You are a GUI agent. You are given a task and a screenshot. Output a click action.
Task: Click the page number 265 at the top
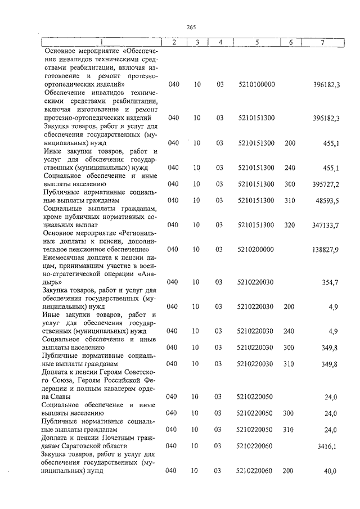(191, 27)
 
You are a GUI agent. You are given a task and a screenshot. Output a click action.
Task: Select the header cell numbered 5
(256, 42)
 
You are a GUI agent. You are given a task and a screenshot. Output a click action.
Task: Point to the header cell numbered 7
(322, 42)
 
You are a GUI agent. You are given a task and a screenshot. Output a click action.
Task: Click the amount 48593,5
(328, 200)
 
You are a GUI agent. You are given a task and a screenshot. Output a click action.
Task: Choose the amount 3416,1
(328, 446)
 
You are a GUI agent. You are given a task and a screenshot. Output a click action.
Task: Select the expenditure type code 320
(290, 224)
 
